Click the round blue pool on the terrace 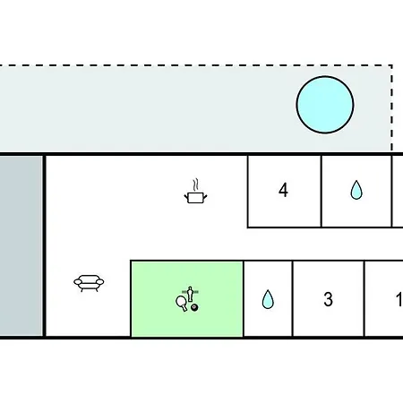pos(325,105)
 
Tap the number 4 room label pos(283,190)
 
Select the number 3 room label pos(328,299)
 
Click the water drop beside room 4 pos(356,190)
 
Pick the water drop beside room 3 pos(268,299)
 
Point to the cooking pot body pos(195,198)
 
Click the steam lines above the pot pos(195,184)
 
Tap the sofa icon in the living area pos(89,283)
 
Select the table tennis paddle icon pos(182,304)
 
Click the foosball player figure pos(190,294)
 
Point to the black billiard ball pos(194,307)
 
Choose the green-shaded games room pos(187,299)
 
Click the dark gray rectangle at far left pos(21,245)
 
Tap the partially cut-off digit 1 pos(399,299)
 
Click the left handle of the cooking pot pos(186,196)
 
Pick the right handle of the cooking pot pos(205,196)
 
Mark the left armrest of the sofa pos(77,281)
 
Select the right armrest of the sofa pos(100,281)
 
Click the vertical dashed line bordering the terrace pos(391,108)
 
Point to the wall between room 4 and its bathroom pos(322,192)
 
